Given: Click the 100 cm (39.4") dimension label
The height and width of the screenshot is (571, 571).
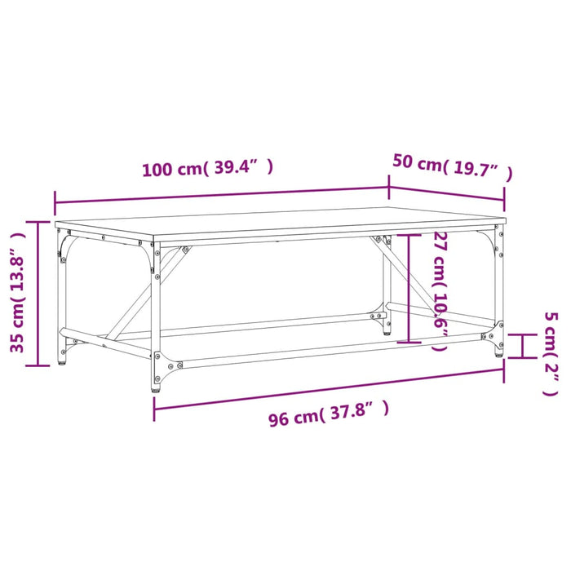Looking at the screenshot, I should click(206, 169).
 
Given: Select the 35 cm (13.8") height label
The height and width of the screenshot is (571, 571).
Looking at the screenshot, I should click(19, 290).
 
